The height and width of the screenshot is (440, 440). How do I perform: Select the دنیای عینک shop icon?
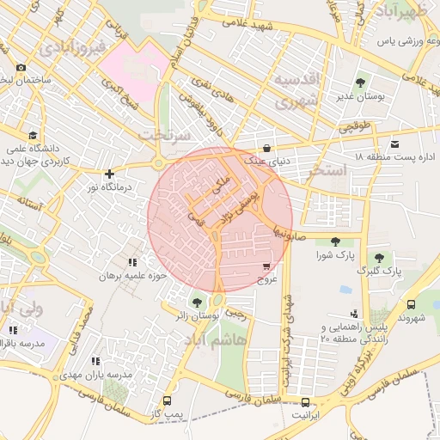point(266,148)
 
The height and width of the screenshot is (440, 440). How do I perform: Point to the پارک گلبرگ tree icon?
point(378,257)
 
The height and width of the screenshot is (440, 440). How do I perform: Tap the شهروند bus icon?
point(411,304)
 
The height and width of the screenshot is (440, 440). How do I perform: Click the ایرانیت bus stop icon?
point(307,402)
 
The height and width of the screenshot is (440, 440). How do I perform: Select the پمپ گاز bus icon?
point(166,401)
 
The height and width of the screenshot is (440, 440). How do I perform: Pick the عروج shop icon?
point(266,267)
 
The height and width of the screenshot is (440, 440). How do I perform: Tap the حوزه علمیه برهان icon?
point(131,262)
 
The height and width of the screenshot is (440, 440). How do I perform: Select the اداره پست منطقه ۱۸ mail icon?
point(394,144)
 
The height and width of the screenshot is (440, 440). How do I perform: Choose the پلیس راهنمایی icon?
point(353,314)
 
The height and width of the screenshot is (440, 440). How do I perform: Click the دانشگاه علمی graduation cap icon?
point(33,135)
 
